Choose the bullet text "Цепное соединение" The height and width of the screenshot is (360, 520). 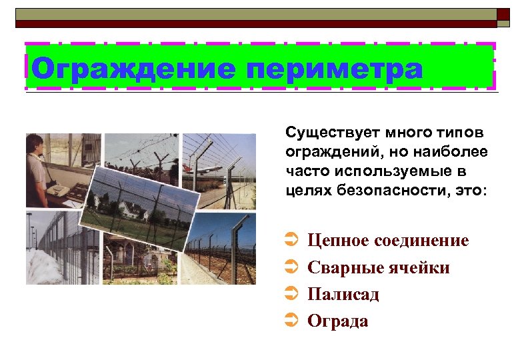click(388, 240)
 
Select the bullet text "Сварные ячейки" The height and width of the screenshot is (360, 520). click(378, 267)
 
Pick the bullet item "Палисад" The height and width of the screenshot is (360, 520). click(343, 294)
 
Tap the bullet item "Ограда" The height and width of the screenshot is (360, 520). click(337, 321)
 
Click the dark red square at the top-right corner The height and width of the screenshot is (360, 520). click(503, 15)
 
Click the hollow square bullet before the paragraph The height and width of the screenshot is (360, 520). click(273, 129)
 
